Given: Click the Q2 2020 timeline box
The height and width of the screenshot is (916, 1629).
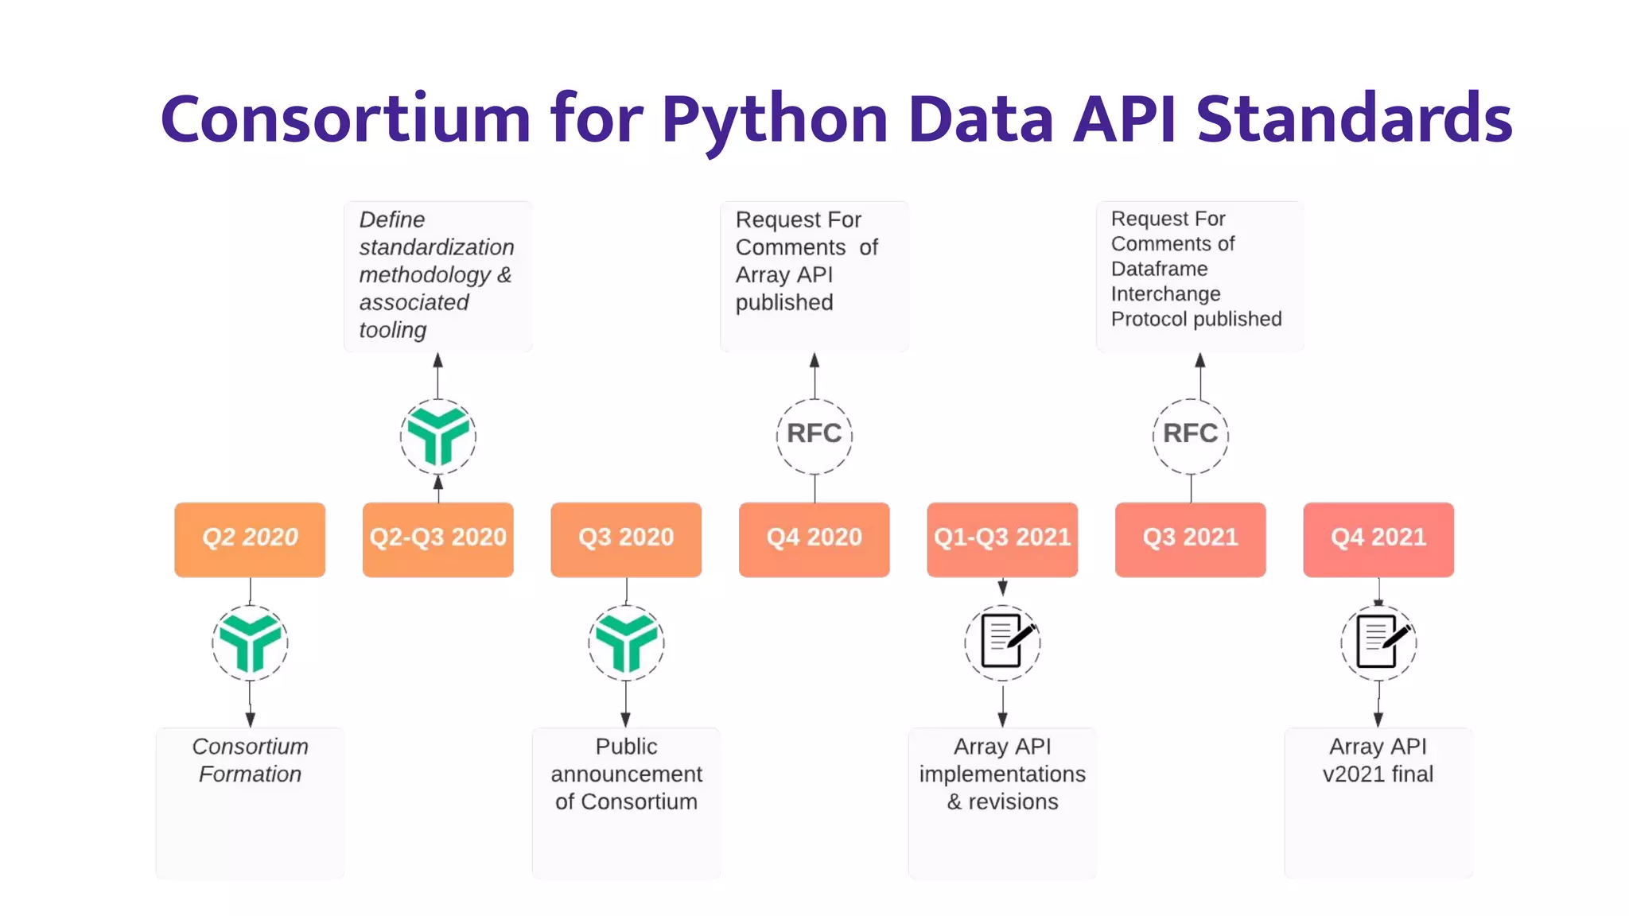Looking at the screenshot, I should [x=250, y=539].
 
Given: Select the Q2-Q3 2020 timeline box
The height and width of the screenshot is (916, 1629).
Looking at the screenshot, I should [x=437, y=539].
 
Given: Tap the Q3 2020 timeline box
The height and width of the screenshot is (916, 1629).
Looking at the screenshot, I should [x=626, y=539].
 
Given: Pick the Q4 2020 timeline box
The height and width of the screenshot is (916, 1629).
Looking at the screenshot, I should [x=814, y=539].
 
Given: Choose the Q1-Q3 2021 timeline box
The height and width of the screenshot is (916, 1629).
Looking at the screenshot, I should [x=1002, y=539].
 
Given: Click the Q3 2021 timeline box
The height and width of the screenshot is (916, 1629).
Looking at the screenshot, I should [x=1190, y=539].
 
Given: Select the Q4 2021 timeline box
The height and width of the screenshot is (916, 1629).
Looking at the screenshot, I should [x=1378, y=539].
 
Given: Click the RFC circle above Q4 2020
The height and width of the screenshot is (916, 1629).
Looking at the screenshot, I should [x=814, y=435].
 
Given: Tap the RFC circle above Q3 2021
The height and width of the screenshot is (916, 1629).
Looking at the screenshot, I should [x=1190, y=435].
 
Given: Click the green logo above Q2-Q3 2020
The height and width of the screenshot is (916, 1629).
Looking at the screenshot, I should [x=437, y=436].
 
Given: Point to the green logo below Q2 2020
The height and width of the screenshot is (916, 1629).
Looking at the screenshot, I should [x=250, y=642].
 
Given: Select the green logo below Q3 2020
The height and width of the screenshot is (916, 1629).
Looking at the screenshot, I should [x=626, y=642].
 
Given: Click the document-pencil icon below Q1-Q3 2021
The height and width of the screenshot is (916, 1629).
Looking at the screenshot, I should [x=1002, y=642].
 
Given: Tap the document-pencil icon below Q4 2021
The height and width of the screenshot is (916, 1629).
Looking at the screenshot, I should [x=1378, y=642].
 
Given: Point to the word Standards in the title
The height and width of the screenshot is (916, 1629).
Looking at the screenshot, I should [x=1354, y=119].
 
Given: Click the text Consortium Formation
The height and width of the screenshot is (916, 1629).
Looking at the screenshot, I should [x=250, y=760].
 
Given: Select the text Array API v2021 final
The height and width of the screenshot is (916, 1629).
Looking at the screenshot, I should [x=1378, y=760].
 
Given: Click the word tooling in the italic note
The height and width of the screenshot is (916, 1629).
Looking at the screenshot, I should [x=393, y=330].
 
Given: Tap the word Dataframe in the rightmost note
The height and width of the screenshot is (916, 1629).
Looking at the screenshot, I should [x=1159, y=269].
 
